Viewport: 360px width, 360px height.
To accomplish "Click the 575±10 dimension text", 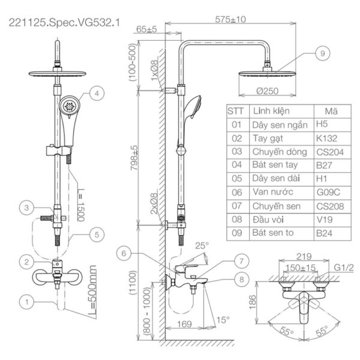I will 231,19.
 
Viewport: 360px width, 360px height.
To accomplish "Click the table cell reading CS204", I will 330,152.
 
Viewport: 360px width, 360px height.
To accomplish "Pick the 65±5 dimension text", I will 146,28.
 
